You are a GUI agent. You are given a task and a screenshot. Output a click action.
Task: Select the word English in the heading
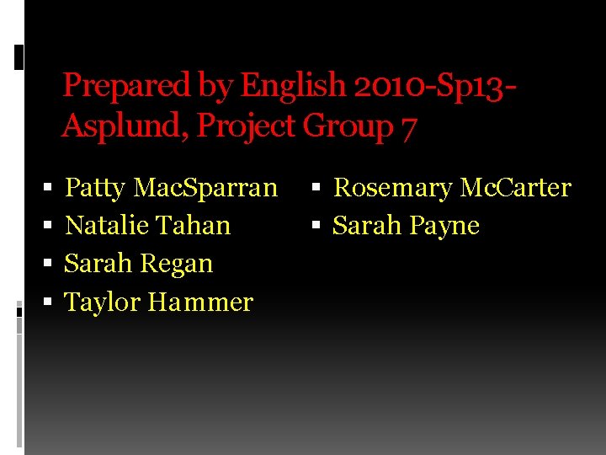coord(293,86)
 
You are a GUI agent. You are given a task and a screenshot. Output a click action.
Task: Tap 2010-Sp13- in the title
coord(434,86)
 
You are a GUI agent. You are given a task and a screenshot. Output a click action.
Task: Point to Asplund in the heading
coord(124,126)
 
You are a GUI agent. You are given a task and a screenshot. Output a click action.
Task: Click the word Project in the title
coord(246,126)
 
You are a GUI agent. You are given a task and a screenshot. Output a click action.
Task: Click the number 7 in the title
coord(408,127)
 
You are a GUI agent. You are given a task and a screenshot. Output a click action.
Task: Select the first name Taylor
coord(103,302)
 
